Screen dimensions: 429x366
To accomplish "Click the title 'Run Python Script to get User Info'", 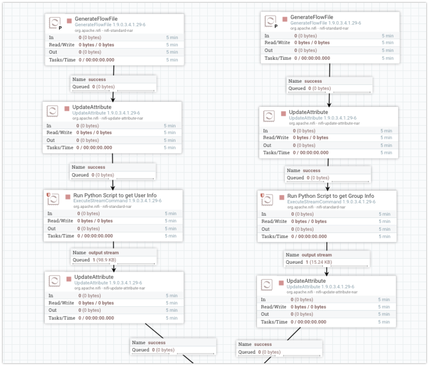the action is click(115, 196).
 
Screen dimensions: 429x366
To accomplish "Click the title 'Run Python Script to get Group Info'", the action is click(331, 196).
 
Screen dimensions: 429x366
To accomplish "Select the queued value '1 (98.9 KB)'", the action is click(104, 260).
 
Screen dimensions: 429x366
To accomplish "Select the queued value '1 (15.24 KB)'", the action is click(319, 262).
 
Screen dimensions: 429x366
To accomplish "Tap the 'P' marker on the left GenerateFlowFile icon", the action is click(60, 28).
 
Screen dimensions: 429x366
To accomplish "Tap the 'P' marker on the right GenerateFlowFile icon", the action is click(276, 26).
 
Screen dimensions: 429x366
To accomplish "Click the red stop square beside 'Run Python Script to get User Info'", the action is click(68, 197).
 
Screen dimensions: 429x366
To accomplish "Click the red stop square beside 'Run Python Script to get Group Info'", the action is click(282, 198).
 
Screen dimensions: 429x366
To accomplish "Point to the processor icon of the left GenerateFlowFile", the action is click(54, 23).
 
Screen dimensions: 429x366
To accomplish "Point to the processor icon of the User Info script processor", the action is click(53, 199).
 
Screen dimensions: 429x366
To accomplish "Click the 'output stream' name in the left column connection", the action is click(104, 253).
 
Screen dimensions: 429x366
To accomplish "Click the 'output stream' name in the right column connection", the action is click(317, 255).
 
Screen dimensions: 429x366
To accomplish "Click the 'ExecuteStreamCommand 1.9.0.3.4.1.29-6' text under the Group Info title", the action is click(331, 202).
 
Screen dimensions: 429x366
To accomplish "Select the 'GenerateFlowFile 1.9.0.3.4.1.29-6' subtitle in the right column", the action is click(326, 23).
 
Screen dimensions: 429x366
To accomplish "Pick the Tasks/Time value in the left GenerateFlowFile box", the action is click(97, 60).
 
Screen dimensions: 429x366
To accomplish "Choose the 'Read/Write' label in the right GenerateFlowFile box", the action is click(277, 42).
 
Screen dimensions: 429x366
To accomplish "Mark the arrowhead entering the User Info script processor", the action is click(113, 188).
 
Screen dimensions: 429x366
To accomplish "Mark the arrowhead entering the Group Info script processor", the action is click(327, 188).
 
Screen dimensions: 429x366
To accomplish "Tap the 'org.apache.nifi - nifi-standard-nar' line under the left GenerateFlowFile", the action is click(104, 30).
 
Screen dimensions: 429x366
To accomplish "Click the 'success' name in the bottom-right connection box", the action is click(263, 344).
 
